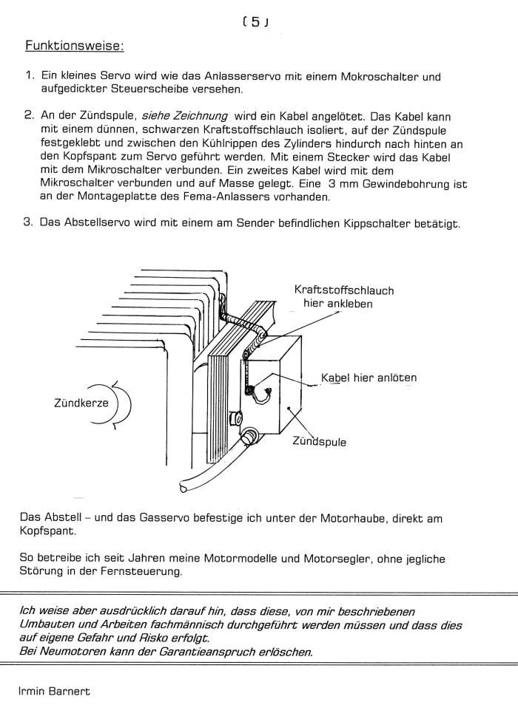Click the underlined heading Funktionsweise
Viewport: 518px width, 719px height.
pyautogui.click(x=74, y=46)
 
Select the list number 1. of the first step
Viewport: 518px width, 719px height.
pyautogui.click(x=30, y=76)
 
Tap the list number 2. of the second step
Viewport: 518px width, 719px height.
pyautogui.click(x=30, y=116)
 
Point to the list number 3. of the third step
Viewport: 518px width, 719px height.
pyautogui.click(x=30, y=222)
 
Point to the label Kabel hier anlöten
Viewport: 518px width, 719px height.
pyautogui.click(x=369, y=378)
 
